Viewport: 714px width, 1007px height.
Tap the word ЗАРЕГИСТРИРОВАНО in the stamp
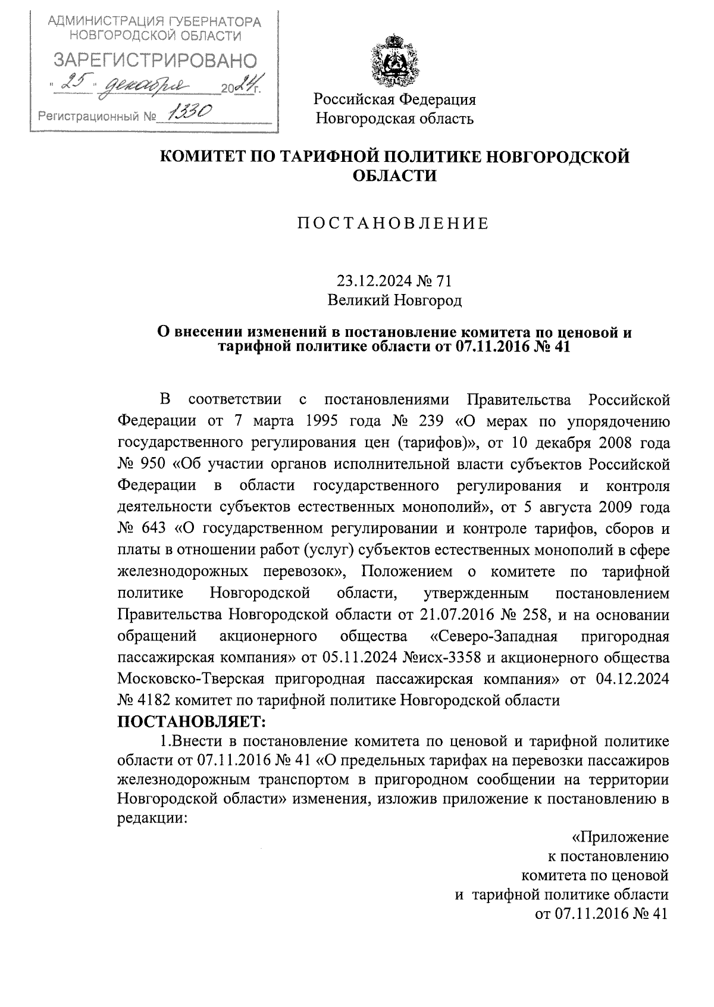click(155, 60)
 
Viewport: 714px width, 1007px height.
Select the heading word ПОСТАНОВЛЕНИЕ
click(393, 223)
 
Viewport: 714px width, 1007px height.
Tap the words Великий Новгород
click(395, 301)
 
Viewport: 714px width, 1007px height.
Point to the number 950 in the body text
click(154, 464)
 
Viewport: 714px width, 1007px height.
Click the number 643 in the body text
click(154, 528)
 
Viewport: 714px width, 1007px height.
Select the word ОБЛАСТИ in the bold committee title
click(395, 176)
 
